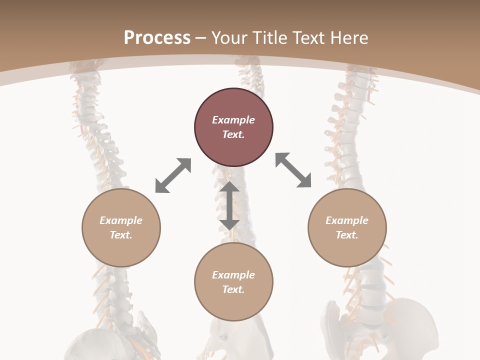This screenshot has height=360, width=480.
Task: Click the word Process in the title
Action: (x=157, y=38)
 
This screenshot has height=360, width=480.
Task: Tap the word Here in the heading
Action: (x=348, y=38)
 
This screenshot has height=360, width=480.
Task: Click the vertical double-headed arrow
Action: (x=229, y=205)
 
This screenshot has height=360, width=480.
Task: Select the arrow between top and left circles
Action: (x=173, y=175)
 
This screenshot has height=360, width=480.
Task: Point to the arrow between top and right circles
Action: (x=293, y=170)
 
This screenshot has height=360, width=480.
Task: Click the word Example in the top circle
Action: (x=233, y=120)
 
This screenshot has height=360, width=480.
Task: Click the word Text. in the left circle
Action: (x=121, y=235)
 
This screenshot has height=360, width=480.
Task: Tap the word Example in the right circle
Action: (x=347, y=220)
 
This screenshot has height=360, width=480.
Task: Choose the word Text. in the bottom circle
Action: (x=233, y=289)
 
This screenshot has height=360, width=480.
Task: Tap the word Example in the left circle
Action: (x=121, y=220)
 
